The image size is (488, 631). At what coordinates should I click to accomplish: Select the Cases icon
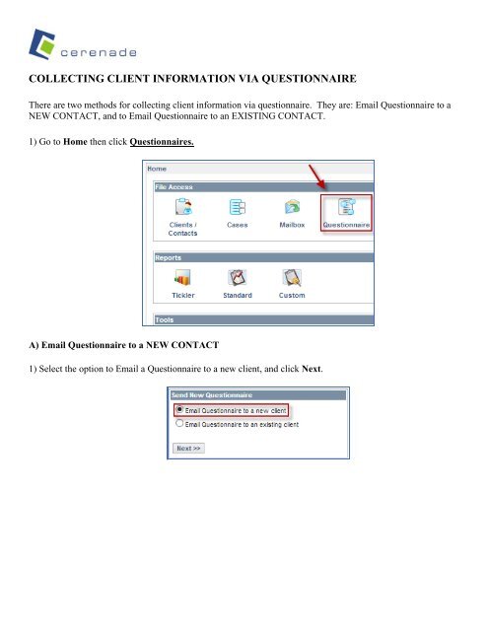tap(237, 207)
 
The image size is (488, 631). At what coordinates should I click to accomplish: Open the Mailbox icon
tap(293, 207)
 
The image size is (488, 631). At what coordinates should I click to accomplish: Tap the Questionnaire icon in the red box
tap(347, 207)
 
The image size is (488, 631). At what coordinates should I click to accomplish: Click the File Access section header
tap(174, 185)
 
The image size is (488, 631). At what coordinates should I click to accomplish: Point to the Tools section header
tap(164, 318)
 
